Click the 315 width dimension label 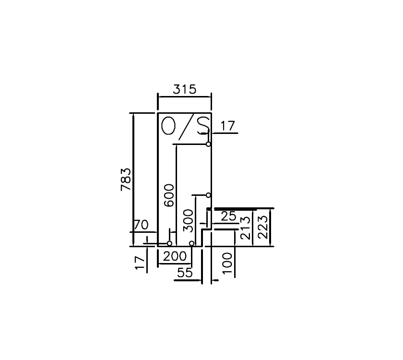tap(185, 89)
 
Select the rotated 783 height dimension tap(126, 180)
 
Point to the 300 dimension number tap(189, 220)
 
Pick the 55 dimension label tap(185, 273)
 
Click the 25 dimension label tap(228, 216)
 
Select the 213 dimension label tap(245, 228)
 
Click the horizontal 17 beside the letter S tap(228, 126)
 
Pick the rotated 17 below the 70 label tap(140, 263)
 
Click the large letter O tap(168, 126)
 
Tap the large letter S tap(202, 125)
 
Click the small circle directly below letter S tap(208, 144)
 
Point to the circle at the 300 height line tap(208, 195)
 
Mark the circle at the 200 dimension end tap(191, 243)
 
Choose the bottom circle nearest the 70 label tap(169, 243)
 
